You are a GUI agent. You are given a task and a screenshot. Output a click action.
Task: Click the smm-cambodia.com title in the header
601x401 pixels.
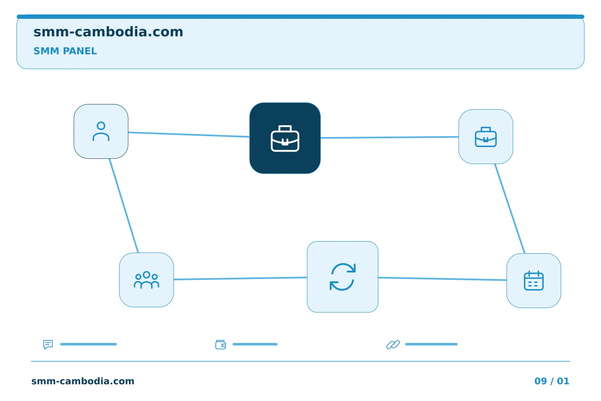(x=108, y=32)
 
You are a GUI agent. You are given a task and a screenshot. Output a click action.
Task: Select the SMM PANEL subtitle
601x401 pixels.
(x=65, y=51)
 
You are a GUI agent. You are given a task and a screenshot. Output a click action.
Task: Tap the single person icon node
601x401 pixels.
(x=101, y=131)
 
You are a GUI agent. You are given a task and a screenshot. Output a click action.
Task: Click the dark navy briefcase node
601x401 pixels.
(x=285, y=138)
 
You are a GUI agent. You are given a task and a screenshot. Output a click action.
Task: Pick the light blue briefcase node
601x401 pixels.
(x=486, y=137)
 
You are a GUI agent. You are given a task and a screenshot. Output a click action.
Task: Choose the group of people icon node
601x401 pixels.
(x=146, y=280)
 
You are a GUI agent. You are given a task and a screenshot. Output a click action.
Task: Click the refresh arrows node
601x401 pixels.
(x=343, y=277)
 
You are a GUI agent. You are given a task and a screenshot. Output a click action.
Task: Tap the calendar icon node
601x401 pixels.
(x=534, y=281)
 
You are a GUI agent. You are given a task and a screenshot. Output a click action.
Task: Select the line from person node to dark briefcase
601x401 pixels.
(x=189, y=135)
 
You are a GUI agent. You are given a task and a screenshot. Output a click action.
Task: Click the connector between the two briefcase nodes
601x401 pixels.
(x=389, y=137)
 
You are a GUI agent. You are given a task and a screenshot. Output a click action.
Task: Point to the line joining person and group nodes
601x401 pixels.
(x=124, y=206)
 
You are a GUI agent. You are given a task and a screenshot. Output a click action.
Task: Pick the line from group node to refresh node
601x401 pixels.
(x=240, y=278)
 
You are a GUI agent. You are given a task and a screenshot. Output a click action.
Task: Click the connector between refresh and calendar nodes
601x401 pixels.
(x=442, y=279)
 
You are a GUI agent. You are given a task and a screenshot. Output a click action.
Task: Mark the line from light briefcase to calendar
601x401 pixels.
(x=510, y=208)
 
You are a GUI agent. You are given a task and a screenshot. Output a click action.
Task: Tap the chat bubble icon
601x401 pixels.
(x=48, y=344)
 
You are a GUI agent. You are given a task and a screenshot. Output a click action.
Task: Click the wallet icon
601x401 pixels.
(x=220, y=345)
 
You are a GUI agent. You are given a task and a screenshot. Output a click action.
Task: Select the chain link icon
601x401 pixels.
(x=393, y=344)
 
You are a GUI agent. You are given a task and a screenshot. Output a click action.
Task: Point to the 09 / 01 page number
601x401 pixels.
(x=552, y=381)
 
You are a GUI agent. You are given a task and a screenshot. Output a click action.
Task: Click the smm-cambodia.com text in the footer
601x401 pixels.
(x=83, y=381)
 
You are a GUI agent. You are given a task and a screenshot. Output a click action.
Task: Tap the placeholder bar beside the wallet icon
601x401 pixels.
(x=255, y=344)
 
